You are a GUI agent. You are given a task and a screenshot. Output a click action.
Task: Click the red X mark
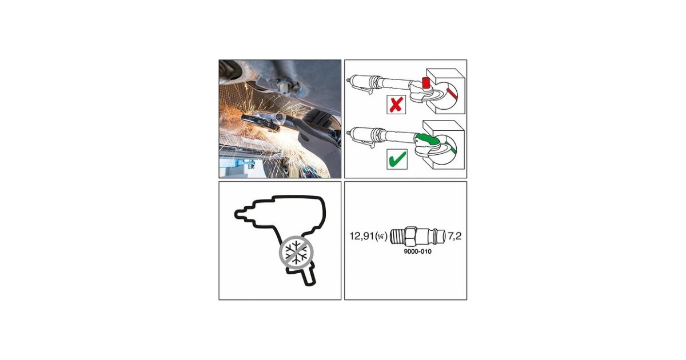point(396,105)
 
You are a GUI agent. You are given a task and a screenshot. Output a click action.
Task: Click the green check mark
point(397,159)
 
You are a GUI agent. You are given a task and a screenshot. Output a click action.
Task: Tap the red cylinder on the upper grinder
point(425,83)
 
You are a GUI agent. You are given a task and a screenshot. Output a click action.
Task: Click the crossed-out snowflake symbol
point(296,252)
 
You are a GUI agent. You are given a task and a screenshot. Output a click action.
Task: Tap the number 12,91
point(362,236)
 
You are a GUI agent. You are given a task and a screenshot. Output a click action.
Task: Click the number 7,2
point(454,236)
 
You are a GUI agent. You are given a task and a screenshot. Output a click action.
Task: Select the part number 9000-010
point(418,251)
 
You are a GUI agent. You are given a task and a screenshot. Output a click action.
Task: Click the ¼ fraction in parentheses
point(381,237)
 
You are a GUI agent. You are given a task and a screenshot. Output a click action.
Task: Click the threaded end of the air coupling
point(397,236)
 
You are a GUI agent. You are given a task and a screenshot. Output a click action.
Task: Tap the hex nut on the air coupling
point(410,236)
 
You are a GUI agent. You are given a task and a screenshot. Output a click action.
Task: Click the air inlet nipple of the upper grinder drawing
point(349,80)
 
